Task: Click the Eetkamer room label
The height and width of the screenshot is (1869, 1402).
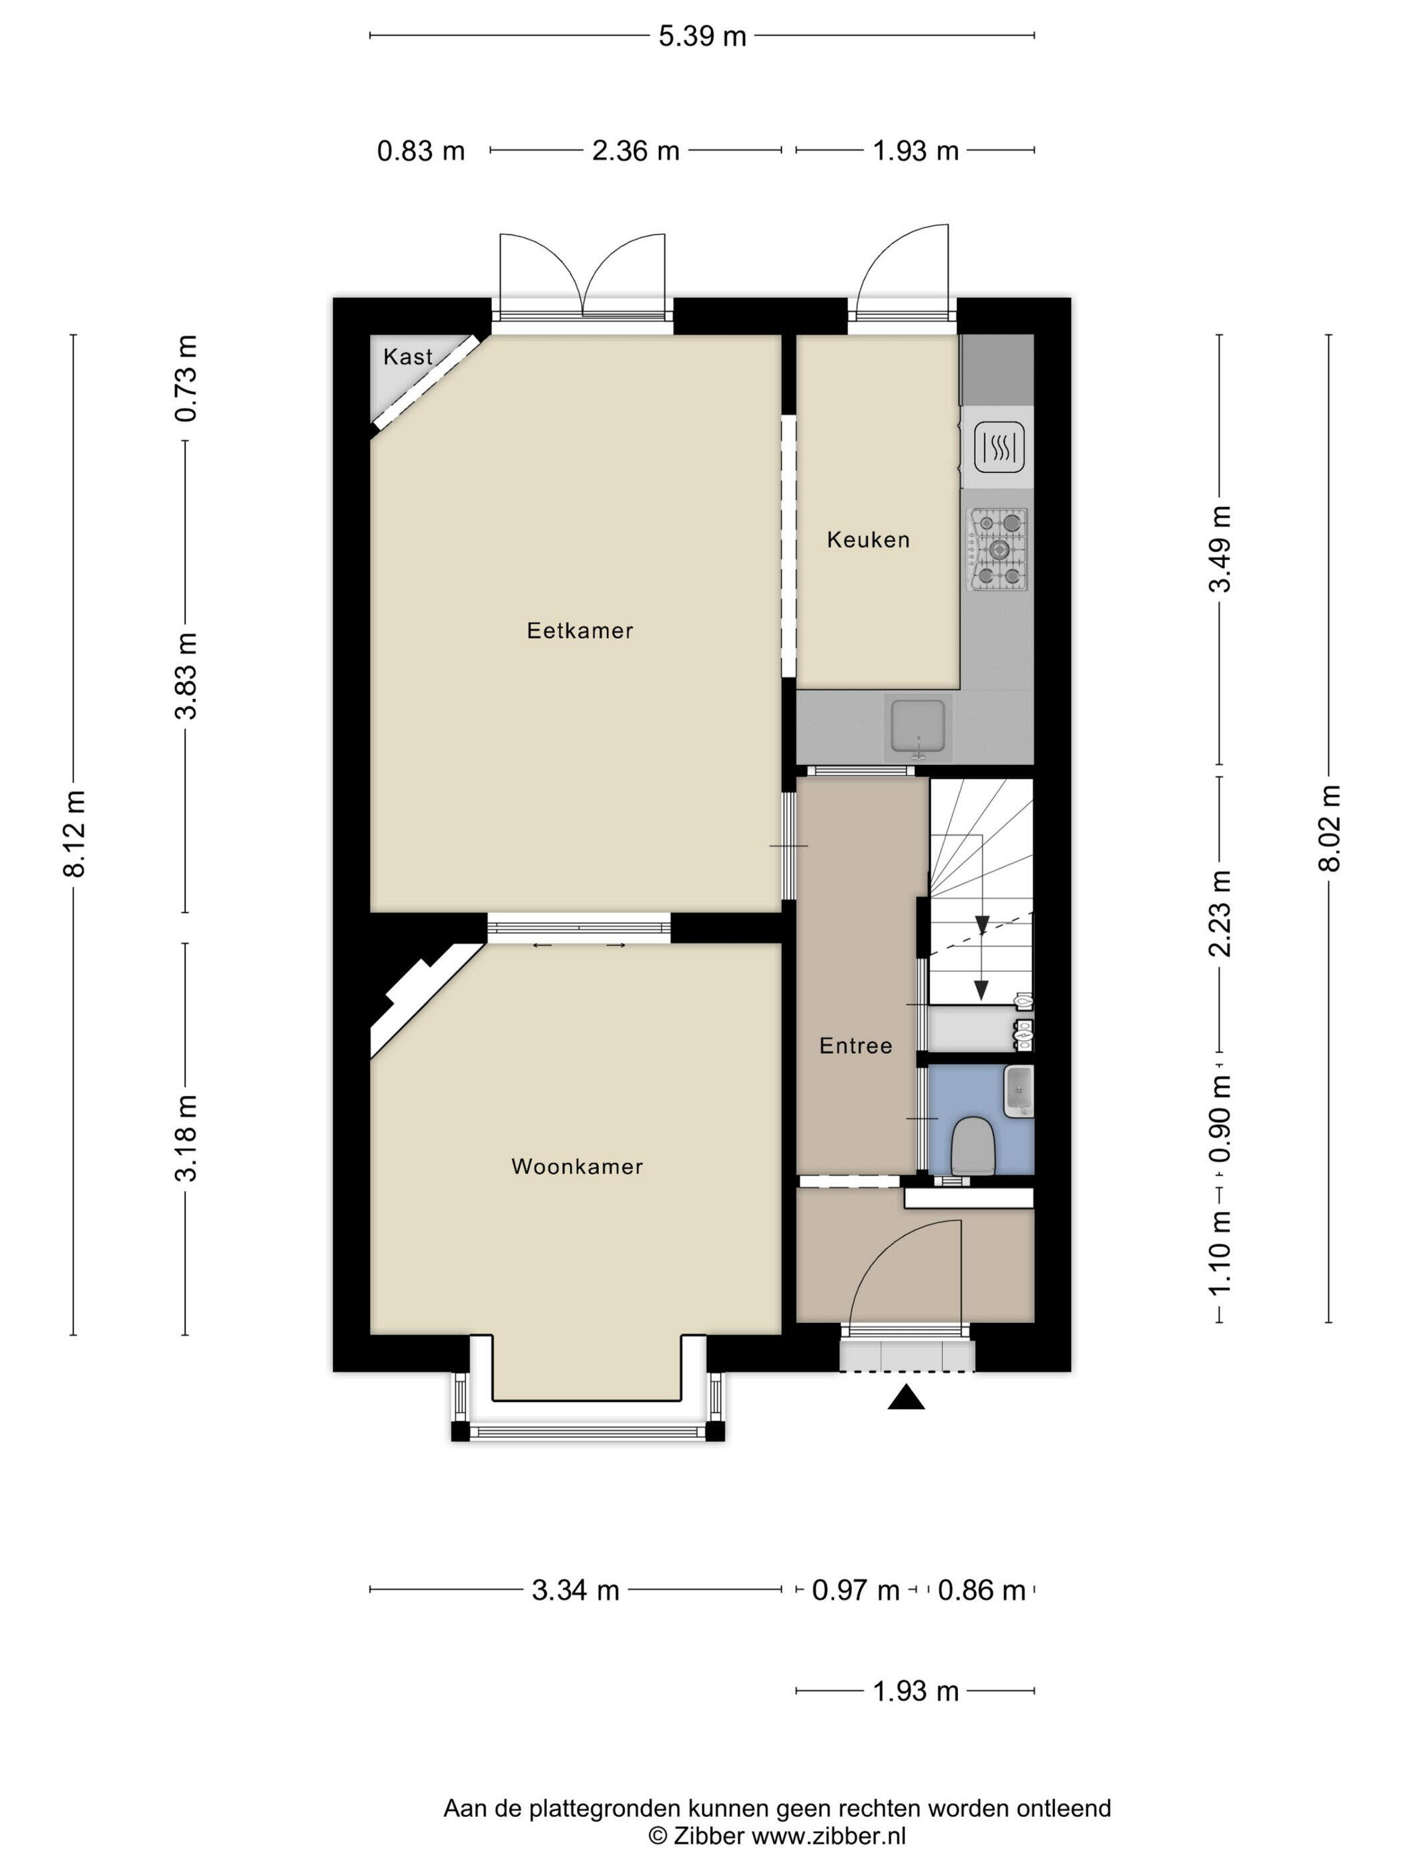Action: click(579, 630)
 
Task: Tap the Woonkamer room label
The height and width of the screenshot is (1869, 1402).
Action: click(577, 1167)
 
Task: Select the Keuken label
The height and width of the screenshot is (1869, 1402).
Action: click(868, 540)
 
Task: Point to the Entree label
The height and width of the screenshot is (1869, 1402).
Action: click(856, 1046)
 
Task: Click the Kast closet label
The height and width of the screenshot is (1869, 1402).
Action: click(408, 356)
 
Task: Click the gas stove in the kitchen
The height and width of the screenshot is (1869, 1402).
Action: click(998, 549)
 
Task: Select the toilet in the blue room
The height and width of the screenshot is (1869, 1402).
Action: click(973, 1145)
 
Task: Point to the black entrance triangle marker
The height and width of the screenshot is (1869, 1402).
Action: click(906, 1398)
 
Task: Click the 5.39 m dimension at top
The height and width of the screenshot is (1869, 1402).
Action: click(702, 36)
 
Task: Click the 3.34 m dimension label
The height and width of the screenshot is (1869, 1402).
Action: click(575, 1591)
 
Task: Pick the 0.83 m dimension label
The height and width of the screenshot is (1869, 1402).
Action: click(421, 152)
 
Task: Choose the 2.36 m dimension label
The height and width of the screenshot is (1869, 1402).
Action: click(636, 152)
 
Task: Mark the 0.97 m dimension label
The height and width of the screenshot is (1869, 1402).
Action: click(855, 1591)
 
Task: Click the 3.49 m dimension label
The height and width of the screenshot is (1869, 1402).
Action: click(1220, 549)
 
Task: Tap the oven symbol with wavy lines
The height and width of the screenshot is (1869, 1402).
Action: click(999, 447)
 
